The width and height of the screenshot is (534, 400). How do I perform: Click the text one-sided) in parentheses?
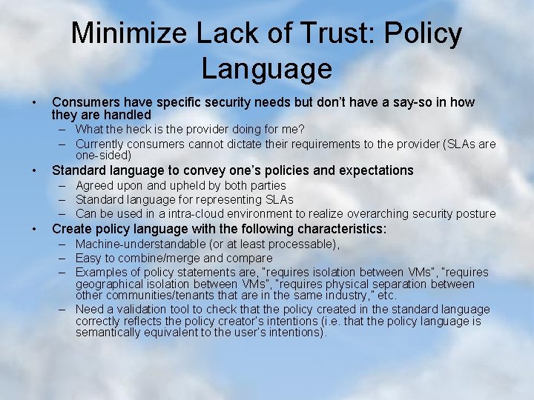point(103,156)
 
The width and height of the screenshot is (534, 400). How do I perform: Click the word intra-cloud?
point(194,213)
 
